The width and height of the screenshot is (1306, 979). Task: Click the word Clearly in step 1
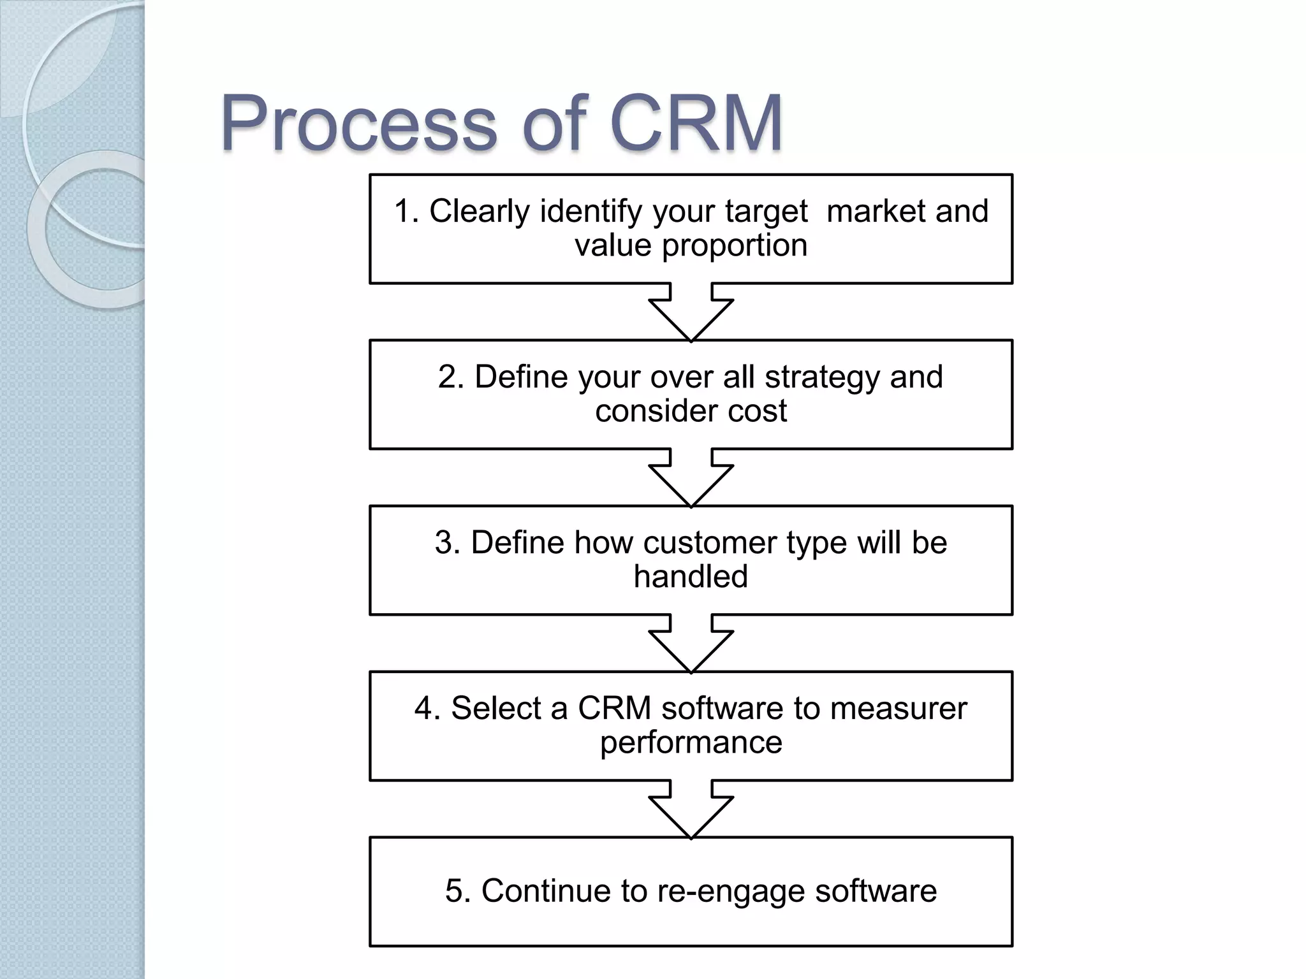tap(479, 212)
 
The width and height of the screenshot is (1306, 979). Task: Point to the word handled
tap(691, 577)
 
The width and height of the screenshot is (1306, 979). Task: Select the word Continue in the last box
tap(546, 891)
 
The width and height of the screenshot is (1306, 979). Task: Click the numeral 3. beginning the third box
tap(448, 543)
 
